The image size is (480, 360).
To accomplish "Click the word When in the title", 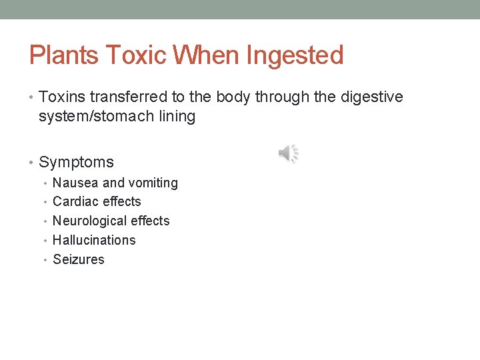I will pyautogui.click(x=207, y=55).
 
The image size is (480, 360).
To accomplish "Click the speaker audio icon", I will pyautogui.click(x=288, y=154).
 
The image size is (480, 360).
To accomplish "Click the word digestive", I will pyautogui.click(x=372, y=97).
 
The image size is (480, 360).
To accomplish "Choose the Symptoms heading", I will pyautogui.click(x=76, y=162).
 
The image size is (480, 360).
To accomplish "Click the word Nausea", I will pyautogui.click(x=75, y=183).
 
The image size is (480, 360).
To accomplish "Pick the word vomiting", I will pyautogui.click(x=153, y=183).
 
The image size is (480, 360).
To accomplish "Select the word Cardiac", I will pyautogui.click(x=74, y=201).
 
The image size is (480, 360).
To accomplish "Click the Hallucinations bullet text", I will pyautogui.click(x=94, y=240).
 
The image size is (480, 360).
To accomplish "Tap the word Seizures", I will pyautogui.click(x=79, y=259).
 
